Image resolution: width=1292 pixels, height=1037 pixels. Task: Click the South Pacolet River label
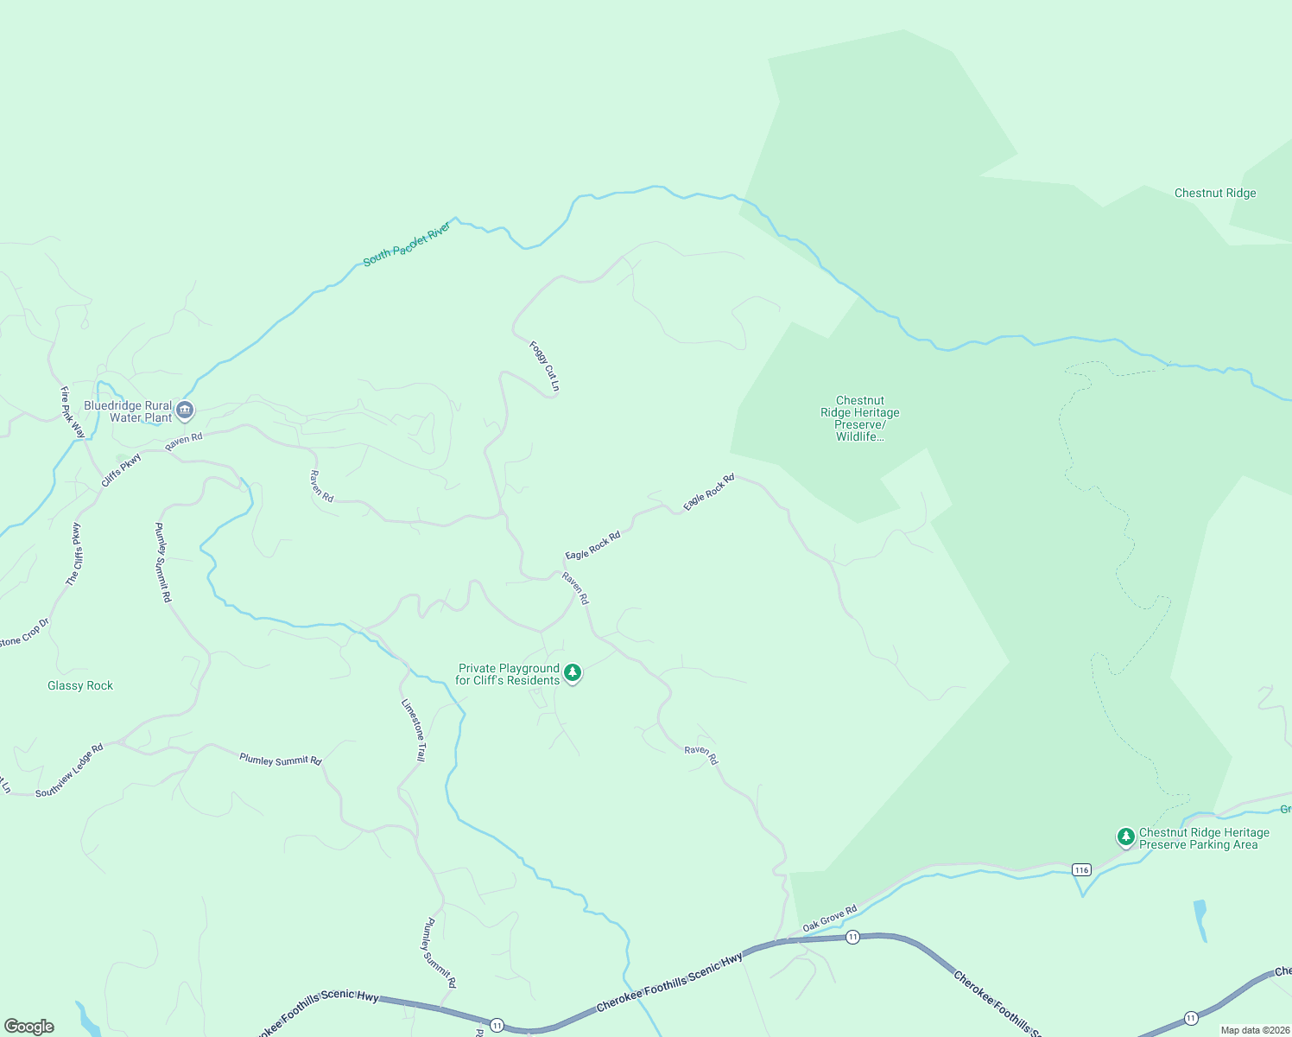click(x=407, y=245)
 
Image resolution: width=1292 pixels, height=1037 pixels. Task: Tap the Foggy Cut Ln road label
click(x=544, y=366)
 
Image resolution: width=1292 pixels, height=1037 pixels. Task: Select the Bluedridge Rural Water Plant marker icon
click(x=185, y=411)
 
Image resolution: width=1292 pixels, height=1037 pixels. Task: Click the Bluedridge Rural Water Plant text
click(x=128, y=411)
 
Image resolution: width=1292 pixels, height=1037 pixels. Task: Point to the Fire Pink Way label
click(x=73, y=412)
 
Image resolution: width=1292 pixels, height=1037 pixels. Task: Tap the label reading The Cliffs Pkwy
click(x=74, y=554)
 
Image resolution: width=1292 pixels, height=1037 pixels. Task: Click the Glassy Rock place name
click(x=80, y=686)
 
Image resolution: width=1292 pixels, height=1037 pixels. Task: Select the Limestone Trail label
click(x=414, y=730)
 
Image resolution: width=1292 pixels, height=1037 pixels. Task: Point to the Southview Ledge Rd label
click(x=70, y=770)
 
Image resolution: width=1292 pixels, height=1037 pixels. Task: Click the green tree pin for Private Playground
click(x=572, y=672)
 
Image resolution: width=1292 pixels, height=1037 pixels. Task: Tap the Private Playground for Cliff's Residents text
click(x=508, y=675)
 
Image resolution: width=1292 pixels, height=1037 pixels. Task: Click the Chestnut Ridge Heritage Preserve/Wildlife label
click(x=859, y=418)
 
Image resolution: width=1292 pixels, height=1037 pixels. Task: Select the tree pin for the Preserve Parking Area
click(x=1125, y=837)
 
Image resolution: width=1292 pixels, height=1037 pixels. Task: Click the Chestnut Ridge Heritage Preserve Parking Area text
click(x=1203, y=839)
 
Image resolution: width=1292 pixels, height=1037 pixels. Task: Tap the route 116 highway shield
click(x=1081, y=869)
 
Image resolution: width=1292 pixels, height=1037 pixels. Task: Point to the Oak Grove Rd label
click(x=829, y=918)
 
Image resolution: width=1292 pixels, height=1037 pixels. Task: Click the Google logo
click(x=28, y=1027)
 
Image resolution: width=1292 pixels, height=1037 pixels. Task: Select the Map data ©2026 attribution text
click(x=1252, y=1030)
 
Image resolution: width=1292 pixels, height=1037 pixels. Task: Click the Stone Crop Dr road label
click(x=24, y=633)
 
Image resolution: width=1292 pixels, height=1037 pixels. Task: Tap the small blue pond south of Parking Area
click(x=1200, y=919)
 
